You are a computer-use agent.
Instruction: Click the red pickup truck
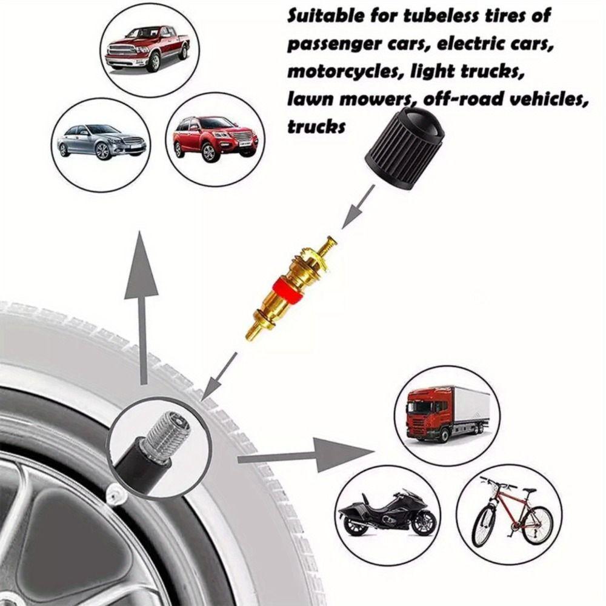point(147,49)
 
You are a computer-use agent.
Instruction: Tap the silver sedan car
point(101,141)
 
